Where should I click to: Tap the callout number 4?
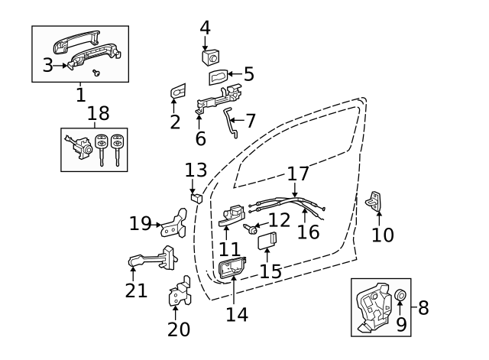205,28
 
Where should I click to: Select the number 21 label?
135,290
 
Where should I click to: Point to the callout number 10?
383,234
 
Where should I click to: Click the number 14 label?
237,313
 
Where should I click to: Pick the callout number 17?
300,173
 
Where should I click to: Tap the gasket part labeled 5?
216,76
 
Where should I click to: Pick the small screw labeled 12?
251,227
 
